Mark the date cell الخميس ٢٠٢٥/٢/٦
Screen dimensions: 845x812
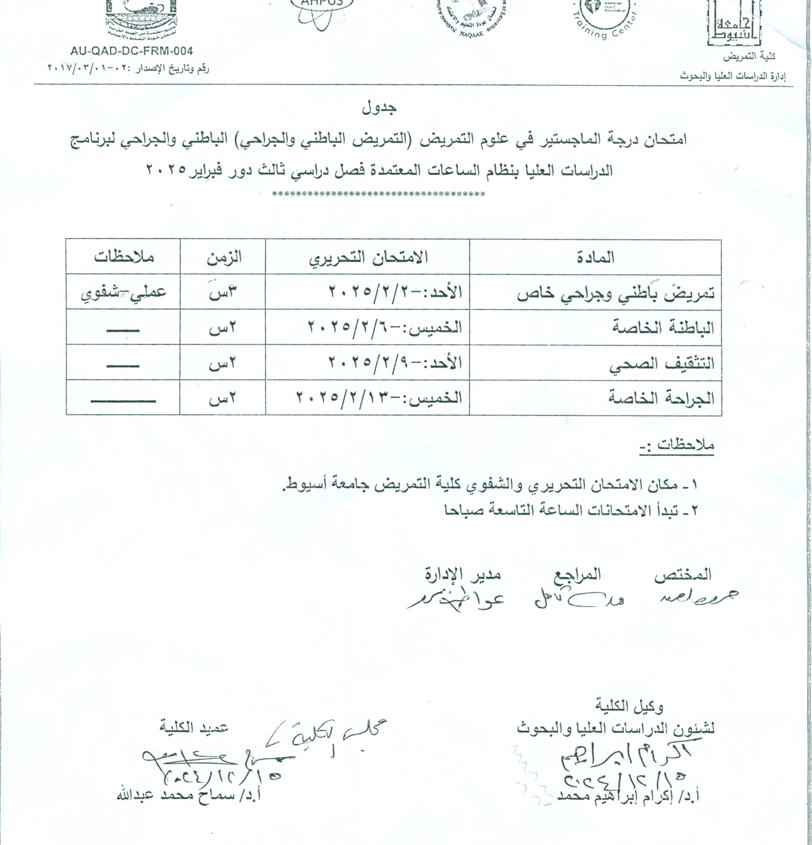(x=385, y=328)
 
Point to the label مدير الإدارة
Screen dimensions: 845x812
(x=462, y=574)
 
